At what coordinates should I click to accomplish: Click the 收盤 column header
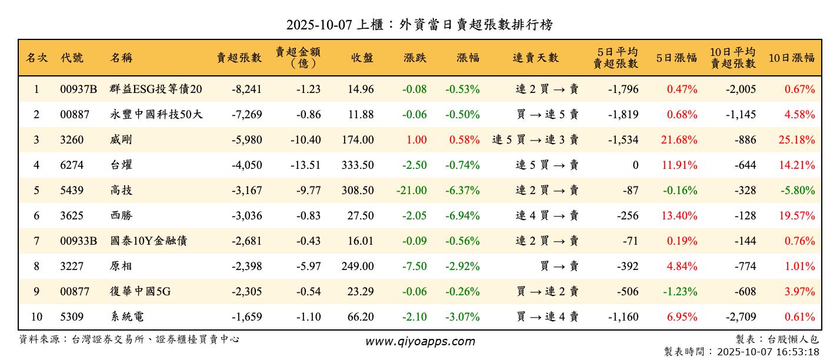[362, 58]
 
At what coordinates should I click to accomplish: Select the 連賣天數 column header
[535, 58]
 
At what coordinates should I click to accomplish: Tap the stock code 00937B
[78, 89]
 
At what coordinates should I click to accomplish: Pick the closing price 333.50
[358, 165]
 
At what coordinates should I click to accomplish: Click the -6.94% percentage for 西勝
[462, 216]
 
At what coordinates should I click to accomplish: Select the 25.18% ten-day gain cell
[797, 140]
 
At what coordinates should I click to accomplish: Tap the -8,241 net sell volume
[246, 89]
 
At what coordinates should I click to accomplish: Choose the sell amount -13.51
[305, 165]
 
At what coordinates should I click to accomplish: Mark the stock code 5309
[72, 317]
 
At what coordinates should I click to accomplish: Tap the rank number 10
[36, 317]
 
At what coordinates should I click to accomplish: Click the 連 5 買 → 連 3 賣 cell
[535, 140]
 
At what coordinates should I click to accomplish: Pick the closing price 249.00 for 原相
[358, 266]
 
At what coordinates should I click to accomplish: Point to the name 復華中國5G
[140, 292]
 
